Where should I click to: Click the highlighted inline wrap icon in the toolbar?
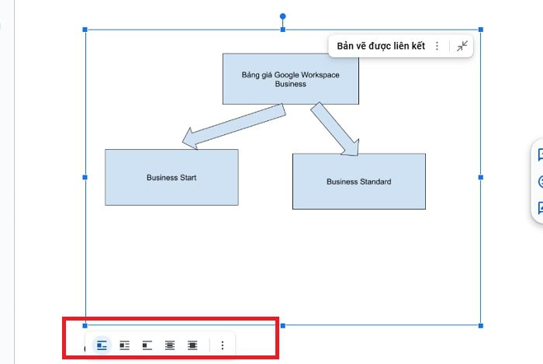[x=102, y=345]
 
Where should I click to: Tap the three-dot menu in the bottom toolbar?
[x=223, y=345]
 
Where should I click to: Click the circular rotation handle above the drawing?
[x=282, y=16]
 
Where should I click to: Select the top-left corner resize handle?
[x=85, y=29]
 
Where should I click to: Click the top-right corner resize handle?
[x=481, y=29]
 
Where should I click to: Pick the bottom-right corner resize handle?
[x=481, y=325]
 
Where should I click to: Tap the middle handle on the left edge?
[x=85, y=178]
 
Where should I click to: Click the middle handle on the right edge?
[x=481, y=178]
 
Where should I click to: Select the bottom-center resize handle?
[x=282, y=325]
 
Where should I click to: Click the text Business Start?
[x=171, y=178]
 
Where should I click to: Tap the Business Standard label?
[x=358, y=182]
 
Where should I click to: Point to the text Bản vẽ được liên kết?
[x=381, y=47]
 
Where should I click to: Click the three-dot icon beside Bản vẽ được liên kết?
[x=438, y=47]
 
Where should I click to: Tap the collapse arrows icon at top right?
[x=462, y=47]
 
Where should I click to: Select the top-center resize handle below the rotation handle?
[x=282, y=29]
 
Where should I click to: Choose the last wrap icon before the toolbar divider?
[x=192, y=345]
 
